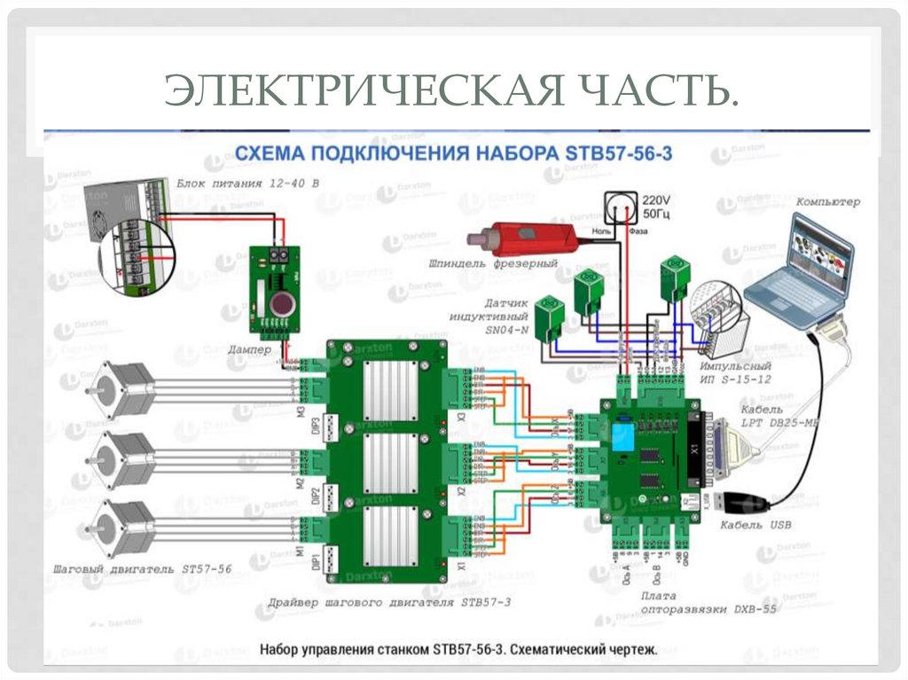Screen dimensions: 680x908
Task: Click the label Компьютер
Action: pos(827,202)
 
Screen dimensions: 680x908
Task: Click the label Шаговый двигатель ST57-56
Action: pos(142,569)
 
